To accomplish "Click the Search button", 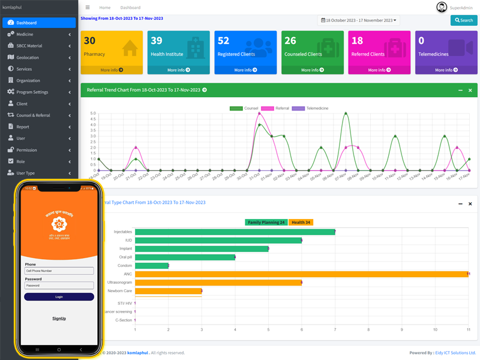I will coord(464,20).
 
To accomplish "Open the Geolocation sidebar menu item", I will coord(28,58).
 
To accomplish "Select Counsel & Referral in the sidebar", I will coord(33,115).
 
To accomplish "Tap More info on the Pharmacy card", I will coord(112,70).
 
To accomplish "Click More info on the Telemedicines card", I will coord(446,70).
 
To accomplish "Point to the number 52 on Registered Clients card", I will coord(223,41).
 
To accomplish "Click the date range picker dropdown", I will coord(358,20).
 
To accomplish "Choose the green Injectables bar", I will coord(235,232).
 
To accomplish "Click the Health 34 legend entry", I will coord(301,223).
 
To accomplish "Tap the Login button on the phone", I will coord(59,297).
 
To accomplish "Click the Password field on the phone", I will coord(59,286).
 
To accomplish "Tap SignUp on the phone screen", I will coord(59,319).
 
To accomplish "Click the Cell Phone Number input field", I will coord(59,271).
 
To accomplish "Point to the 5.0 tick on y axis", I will coord(93,113).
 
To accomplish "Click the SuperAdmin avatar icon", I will coord(442,7).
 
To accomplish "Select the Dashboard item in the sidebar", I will coord(39,23).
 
